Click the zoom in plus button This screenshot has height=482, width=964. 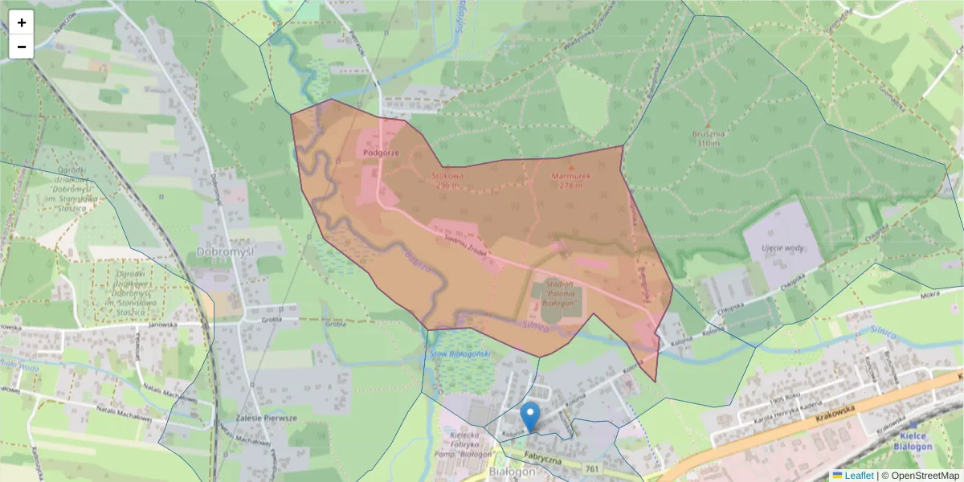[x=22, y=22]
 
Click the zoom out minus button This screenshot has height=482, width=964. [x=22, y=47]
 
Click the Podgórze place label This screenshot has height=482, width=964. [x=380, y=151]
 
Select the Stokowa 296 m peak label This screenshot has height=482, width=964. [x=449, y=179]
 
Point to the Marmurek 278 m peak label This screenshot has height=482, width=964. [x=571, y=179]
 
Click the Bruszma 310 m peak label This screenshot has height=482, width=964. [x=709, y=137]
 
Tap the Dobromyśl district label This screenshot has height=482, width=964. [x=224, y=251]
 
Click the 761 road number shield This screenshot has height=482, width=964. [x=593, y=468]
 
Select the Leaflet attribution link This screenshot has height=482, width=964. [x=858, y=476]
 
